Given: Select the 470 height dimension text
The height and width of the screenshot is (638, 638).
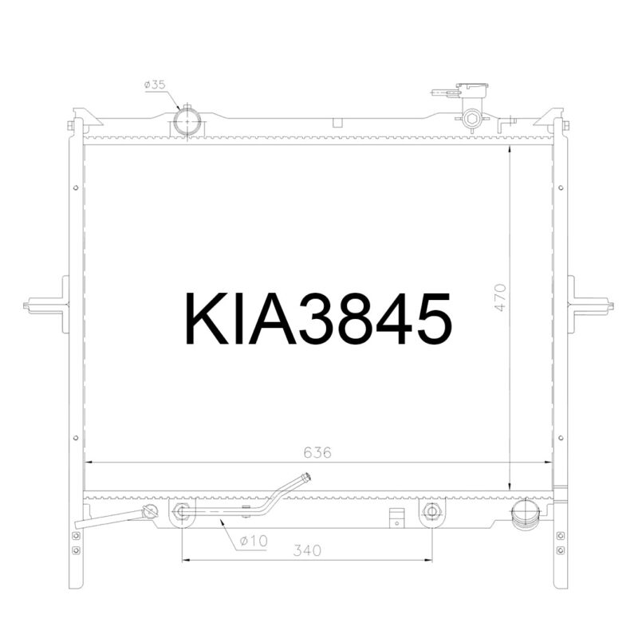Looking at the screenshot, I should (x=500, y=297).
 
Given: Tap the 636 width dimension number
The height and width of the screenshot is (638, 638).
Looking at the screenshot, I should (x=317, y=452).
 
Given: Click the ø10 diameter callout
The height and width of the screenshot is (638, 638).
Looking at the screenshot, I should (x=253, y=541).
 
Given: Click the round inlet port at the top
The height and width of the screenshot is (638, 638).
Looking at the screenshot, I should (x=187, y=123).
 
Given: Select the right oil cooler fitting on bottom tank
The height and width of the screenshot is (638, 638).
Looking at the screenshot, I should (x=431, y=511).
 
